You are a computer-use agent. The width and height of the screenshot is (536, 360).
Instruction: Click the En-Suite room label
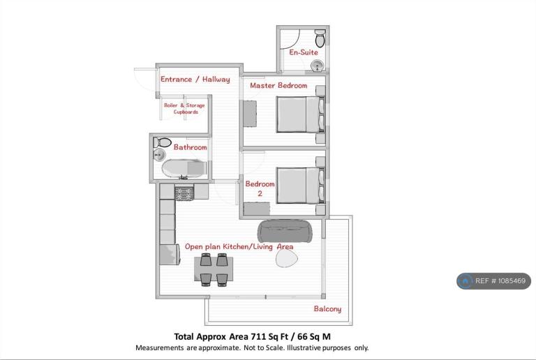[x=304, y=52]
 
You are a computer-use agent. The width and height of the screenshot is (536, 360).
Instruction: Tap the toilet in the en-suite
[x=320, y=38]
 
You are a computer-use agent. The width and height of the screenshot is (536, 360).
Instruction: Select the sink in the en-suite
[x=318, y=66]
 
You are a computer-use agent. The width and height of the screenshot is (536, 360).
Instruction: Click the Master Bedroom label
[x=278, y=85]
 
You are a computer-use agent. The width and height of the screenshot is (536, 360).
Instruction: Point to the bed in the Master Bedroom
[x=301, y=114]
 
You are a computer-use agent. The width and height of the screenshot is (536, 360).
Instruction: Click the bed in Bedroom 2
[x=301, y=186]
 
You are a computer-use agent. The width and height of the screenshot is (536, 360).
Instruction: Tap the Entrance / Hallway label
[x=195, y=80]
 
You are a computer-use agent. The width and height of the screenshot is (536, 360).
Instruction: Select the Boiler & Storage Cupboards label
[x=184, y=109]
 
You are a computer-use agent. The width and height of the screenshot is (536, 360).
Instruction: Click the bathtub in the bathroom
[x=184, y=168]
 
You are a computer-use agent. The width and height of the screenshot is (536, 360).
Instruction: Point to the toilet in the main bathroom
[x=162, y=142]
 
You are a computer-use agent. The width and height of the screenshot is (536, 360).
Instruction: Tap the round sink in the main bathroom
[x=159, y=155]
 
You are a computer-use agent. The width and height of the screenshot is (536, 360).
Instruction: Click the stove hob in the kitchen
[x=184, y=193]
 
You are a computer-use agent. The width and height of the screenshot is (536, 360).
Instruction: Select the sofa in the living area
[x=285, y=231]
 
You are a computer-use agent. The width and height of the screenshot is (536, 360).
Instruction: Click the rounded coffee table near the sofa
[x=286, y=258]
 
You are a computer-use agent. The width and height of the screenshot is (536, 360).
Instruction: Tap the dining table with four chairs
[x=214, y=269]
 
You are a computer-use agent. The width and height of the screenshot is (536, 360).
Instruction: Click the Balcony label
[x=327, y=309]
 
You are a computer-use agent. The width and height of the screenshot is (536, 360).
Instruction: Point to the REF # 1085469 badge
[x=493, y=281]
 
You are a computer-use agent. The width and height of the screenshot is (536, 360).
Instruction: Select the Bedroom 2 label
[x=260, y=188]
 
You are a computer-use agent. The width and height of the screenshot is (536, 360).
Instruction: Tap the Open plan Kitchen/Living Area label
[x=239, y=246]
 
